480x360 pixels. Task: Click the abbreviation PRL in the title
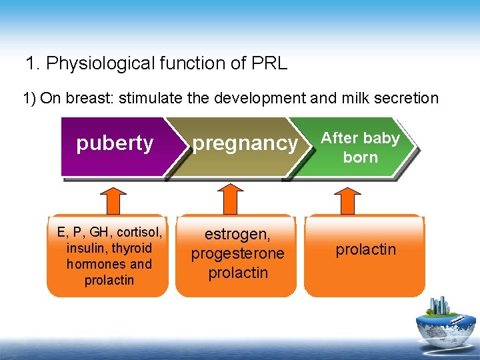coord(269,64)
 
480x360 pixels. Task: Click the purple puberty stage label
coord(115,143)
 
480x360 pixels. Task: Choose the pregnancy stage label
coord(245,143)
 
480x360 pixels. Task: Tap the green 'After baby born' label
coord(360,147)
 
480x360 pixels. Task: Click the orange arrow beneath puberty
coord(115,199)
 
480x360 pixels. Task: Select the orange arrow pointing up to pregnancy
coord(231,199)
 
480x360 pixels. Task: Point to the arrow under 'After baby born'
coord(346,199)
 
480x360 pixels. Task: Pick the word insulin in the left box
coord(88,248)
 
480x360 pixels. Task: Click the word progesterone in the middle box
coord(237,253)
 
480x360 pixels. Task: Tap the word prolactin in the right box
coord(365,249)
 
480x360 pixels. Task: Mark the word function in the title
coord(191,64)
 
